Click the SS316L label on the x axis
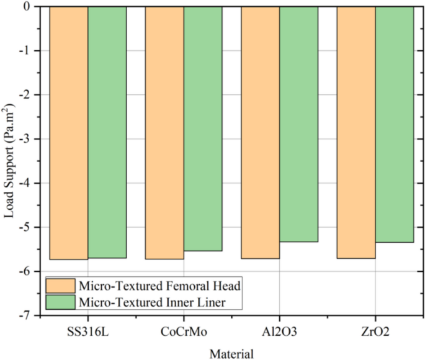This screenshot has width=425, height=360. pyautogui.click(x=87, y=332)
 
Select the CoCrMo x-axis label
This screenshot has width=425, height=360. pyautogui.click(x=184, y=332)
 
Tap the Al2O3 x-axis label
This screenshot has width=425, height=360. pyautogui.click(x=279, y=332)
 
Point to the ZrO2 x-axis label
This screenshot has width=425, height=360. pyautogui.click(x=375, y=332)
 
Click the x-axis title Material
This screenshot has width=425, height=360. pyautogui.click(x=231, y=353)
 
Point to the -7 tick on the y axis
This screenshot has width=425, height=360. pyautogui.click(x=28, y=316)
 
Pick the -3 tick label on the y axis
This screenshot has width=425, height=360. pyautogui.click(x=28, y=139)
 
